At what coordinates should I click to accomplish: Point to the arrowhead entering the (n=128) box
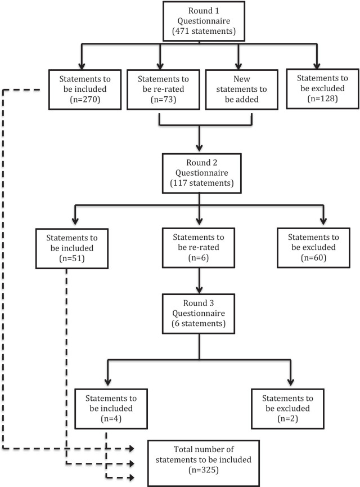click(317, 66)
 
